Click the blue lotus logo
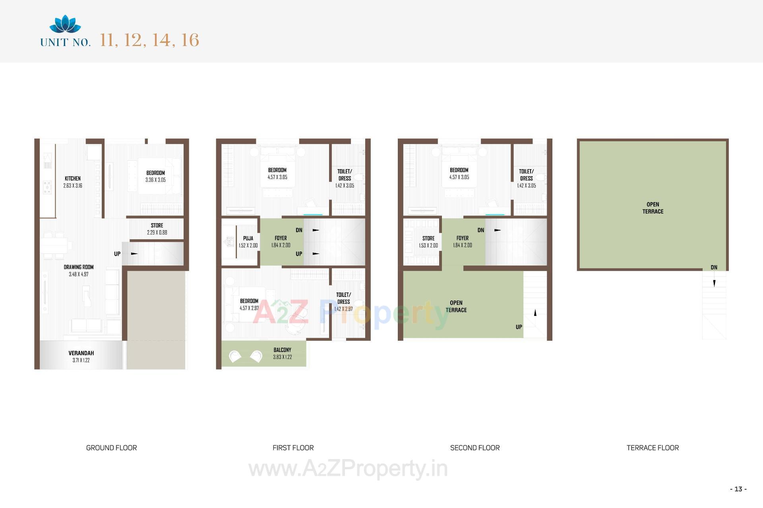coord(65,24)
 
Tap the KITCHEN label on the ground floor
coord(73,179)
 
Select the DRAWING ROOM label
coord(79,267)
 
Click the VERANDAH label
coord(81,353)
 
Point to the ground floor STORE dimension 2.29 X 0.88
coord(157,233)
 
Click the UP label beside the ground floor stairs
coord(117,254)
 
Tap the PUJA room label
coord(248,238)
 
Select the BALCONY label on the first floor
coord(282,350)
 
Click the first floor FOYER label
coord(281,238)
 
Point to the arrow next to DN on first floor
coord(316,230)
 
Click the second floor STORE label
coord(428,238)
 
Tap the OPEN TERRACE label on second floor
coord(456,306)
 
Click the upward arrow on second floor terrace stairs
coord(535,313)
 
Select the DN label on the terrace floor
coord(714,267)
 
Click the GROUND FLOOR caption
coord(111,448)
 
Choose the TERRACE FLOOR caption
coord(653,448)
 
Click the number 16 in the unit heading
coord(190,40)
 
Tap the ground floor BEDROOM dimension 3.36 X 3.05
coord(155,180)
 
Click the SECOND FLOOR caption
coord(475,448)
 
